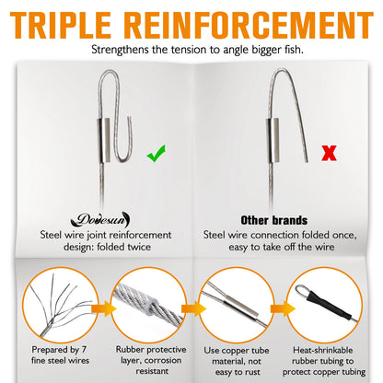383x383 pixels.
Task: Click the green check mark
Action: click(156, 154)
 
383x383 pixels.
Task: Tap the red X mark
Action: click(329, 153)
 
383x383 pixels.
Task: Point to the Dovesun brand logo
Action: click(100, 220)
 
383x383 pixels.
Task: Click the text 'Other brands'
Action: click(274, 220)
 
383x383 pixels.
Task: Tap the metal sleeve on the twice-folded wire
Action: click(104, 140)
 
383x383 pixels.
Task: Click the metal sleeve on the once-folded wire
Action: click(273, 140)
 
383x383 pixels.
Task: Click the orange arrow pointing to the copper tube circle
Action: click(193, 308)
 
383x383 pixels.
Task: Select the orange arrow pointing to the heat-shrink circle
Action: click(283, 308)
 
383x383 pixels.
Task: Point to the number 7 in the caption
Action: click(84, 350)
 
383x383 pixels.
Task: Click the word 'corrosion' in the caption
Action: click(163, 360)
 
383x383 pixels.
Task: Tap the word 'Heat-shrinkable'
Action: click(323, 350)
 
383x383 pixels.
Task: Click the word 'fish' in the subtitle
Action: click(294, 50)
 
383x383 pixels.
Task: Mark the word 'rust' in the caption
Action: click(252, 372)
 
